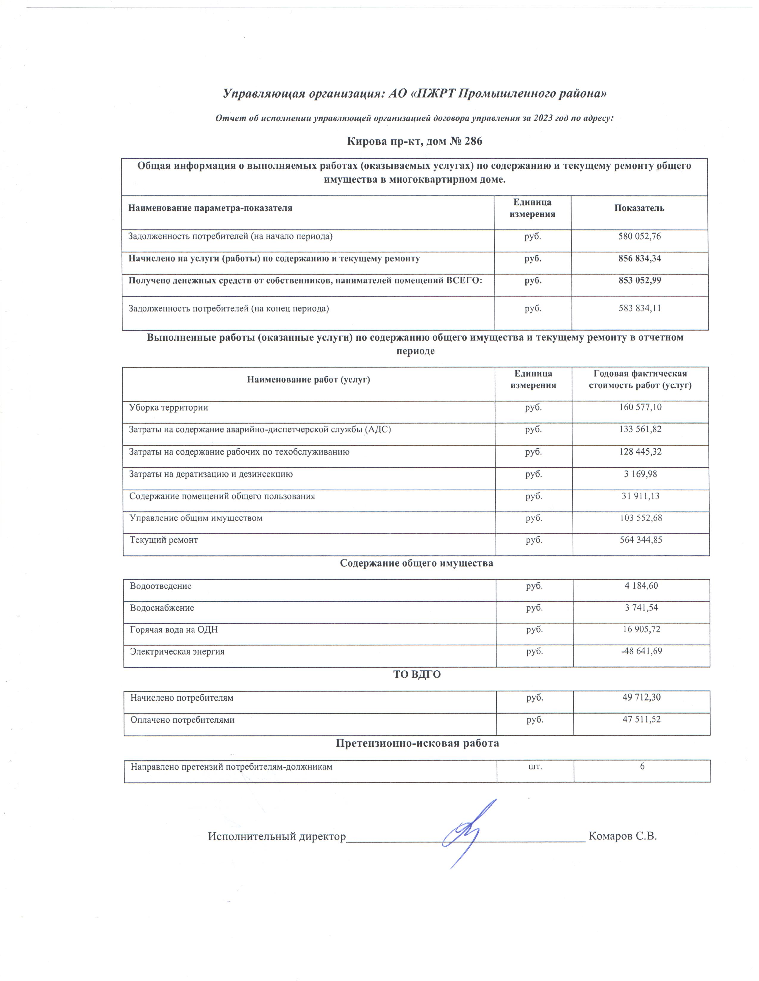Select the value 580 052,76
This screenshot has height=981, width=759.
click(639, 236)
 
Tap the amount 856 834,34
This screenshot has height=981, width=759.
click(639, 259)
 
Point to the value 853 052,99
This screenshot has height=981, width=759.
click(639, 281)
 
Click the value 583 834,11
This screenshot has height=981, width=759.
click(639, 309)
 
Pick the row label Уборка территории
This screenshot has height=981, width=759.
click(168, 408)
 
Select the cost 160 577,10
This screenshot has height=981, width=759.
click(640, 407)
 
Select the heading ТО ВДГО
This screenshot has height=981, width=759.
click(417, 675)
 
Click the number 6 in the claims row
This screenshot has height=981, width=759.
click(642, 766)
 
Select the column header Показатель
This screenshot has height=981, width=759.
click(639, 208)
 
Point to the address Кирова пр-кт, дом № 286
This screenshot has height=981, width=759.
click(415, 142)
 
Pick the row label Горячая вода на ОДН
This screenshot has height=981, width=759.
click(174, 630)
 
